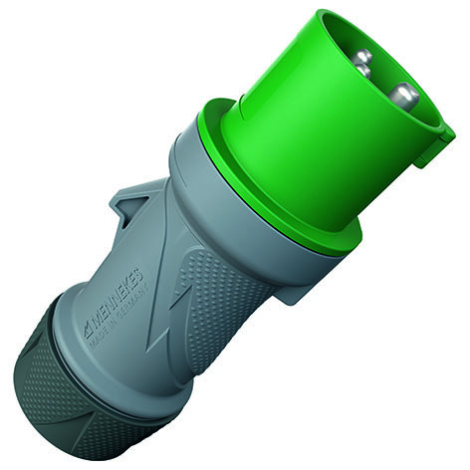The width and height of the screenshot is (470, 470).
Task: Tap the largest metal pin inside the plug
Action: tap(402, 96)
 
